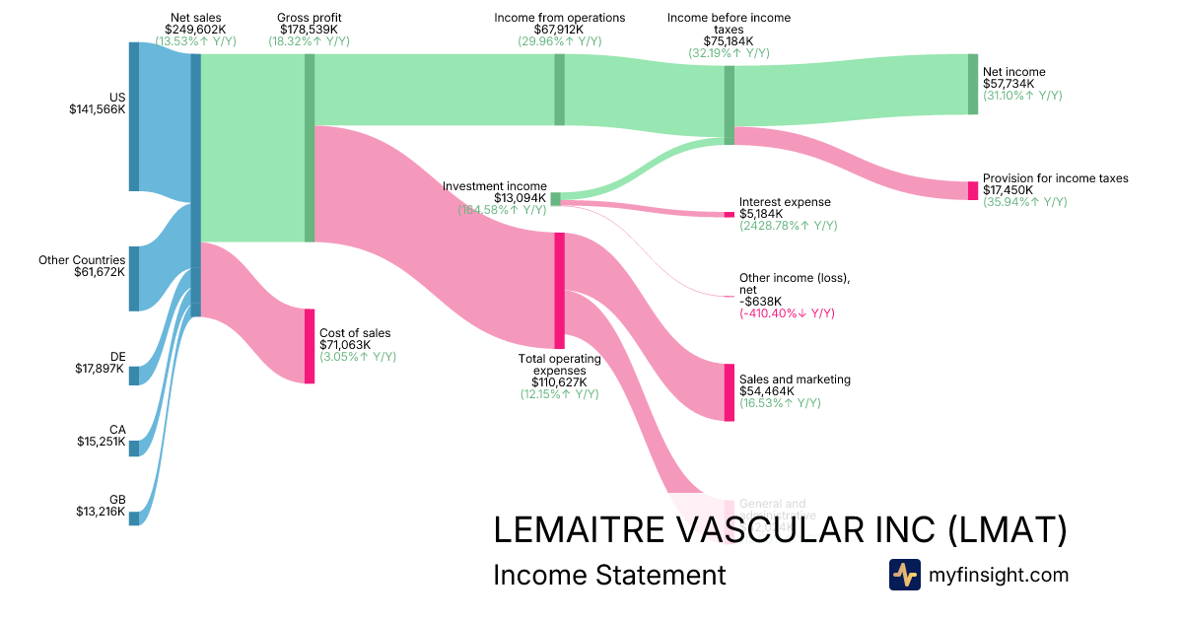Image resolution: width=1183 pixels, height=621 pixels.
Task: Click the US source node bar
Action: (x=134, y=116)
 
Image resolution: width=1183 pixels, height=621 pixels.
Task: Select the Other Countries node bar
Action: (x=134, y=278)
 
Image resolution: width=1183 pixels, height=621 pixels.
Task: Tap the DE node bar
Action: (x=134, y=375)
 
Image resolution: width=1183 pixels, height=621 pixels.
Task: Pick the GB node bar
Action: (x=134, y=518)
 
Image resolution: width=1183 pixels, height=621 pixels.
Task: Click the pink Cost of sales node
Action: (x=310, y=345)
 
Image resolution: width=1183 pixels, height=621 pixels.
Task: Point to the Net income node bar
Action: (x=973, y=85)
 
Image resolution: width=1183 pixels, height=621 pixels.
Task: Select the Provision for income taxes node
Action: (x=973, y=191)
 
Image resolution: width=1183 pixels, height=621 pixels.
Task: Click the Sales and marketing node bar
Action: (x=730, y=391)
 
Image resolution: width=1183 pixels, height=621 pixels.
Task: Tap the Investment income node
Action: (x=555, y=198)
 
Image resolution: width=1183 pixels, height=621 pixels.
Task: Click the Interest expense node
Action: (x=730, y=214)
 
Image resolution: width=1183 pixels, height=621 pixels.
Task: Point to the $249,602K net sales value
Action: (x=195, y=30)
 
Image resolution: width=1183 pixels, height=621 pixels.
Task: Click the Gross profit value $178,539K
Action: (x=309, y=30)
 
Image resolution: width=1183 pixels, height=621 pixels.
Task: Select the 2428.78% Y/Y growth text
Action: (x=788, y=226)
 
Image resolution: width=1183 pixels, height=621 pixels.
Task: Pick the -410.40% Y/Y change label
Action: (x=787, y=313)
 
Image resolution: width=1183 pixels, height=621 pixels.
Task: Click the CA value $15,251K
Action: (x=102, y=442)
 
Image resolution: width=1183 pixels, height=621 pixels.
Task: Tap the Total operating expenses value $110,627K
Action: (x=559, y=382)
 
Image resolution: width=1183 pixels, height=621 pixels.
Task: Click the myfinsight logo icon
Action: (x=904, y=575)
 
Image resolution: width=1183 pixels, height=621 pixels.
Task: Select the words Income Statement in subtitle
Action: (x=609, y=575)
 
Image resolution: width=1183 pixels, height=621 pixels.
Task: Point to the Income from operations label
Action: (x=559, y=18)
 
